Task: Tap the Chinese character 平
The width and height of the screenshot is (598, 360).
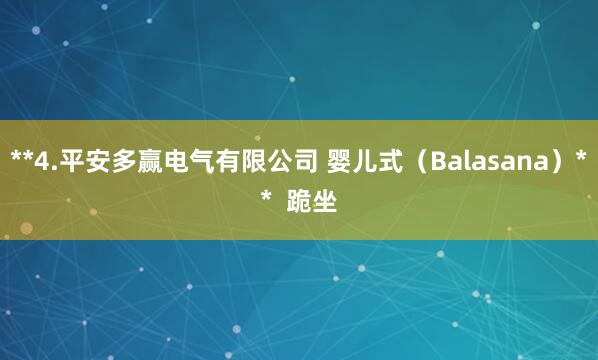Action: (71, 161)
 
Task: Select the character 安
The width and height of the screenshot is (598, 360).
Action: (97, 161)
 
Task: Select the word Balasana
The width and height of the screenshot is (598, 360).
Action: (482, 161)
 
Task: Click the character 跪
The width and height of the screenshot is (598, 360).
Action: (299, 203)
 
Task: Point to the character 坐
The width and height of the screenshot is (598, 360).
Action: (325, 203)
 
